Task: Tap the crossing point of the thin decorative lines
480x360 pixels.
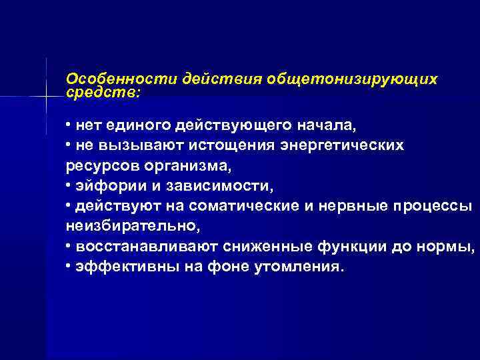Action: pyautogui.click(x=46, y=97)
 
